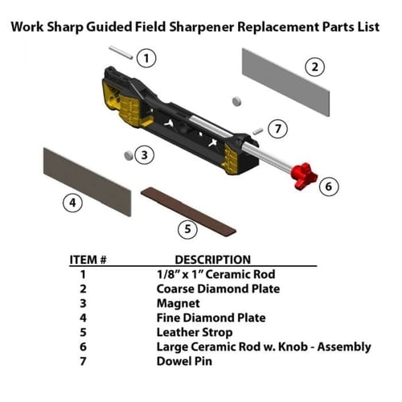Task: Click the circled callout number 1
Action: pos(146,58)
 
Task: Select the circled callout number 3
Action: pos(144,154)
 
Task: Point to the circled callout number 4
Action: pos(73,203)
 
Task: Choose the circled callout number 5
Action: pos(187,228)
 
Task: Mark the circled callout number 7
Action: pos(277,129)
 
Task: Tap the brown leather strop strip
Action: pos(188,211)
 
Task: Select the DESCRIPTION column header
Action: pos(212,260)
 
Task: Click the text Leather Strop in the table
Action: pos(194,332)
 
